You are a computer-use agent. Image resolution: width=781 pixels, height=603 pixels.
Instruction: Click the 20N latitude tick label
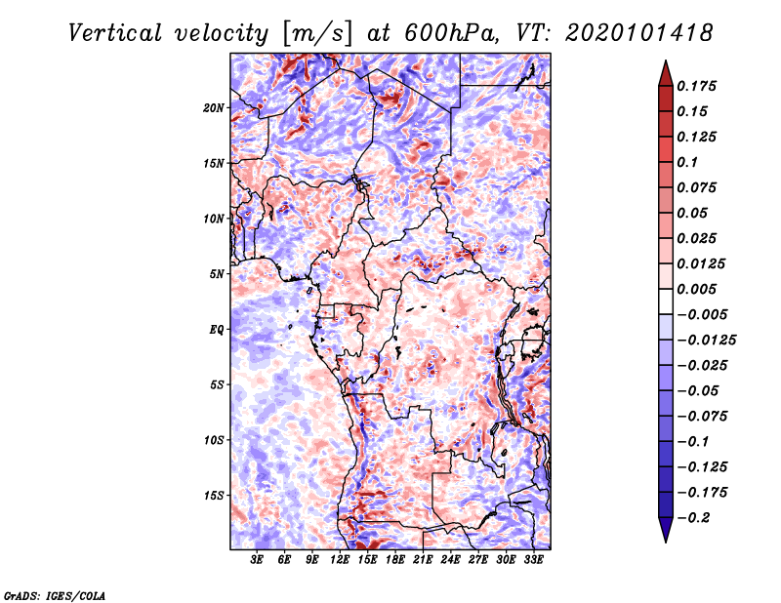point(214,107)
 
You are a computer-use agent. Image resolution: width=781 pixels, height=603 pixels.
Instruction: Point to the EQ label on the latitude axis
point(216,329)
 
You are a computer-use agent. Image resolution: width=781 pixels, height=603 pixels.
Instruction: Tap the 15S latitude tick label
point(214,496)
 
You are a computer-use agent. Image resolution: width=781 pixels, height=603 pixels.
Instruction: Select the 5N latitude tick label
point(216,274)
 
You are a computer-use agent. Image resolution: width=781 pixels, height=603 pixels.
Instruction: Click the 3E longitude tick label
point(257,561)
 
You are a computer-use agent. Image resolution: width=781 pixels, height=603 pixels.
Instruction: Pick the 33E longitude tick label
point(534,561)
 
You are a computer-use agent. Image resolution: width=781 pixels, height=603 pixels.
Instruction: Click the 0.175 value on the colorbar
point(697,86)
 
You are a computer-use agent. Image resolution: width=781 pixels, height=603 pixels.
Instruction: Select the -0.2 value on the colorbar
point(695,517)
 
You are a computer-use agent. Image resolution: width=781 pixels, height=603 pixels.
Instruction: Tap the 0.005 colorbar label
point(697,289)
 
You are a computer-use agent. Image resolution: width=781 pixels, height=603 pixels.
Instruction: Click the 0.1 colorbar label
point(689,162)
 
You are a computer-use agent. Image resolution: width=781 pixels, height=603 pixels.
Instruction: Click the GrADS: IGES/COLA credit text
point(54,594)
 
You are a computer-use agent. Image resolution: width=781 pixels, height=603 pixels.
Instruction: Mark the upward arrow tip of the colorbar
point(664,62)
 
